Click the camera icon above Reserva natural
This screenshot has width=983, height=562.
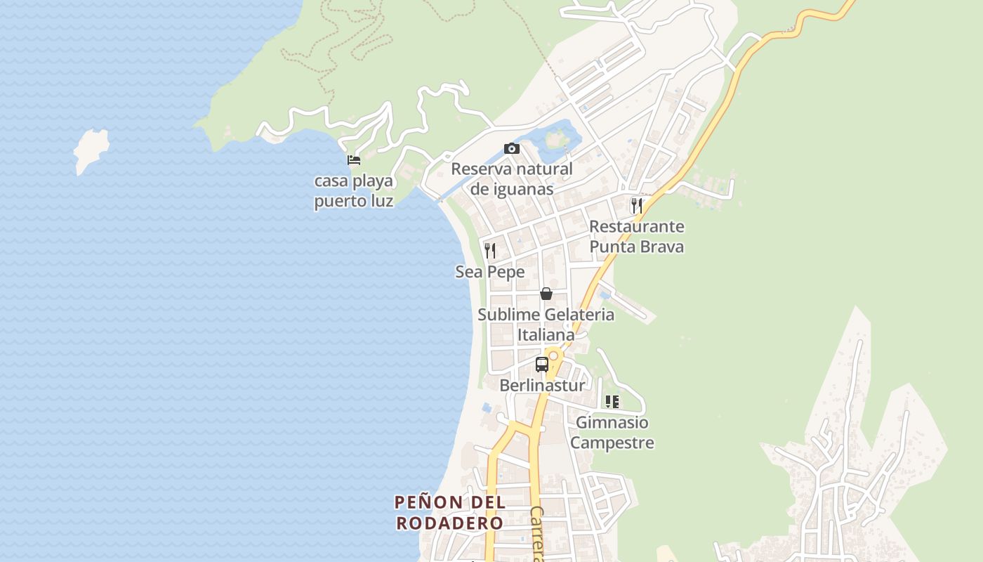[512, 148]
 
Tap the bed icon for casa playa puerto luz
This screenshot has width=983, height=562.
[354, 160]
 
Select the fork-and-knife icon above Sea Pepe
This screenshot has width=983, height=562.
[490, 250]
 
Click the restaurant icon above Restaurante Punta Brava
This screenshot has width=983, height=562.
[636, 205]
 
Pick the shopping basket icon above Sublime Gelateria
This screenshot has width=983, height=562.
[546, 294]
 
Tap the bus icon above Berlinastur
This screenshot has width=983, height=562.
[541, 365]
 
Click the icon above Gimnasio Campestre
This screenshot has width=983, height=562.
[612, 402]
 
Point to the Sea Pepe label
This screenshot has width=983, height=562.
[490, 272]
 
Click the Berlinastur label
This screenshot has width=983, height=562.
[541, 385]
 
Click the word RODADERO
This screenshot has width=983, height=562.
[449, 523]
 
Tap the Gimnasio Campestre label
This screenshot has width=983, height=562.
[612, 433]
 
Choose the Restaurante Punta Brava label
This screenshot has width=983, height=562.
[636, 237]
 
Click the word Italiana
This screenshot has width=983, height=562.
[546, 335]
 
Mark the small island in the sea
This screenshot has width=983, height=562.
[91, 148]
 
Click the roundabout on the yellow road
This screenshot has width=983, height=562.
[553, 356]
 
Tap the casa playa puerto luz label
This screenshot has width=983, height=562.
[354, 191]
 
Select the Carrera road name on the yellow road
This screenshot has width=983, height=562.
[537, 534]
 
